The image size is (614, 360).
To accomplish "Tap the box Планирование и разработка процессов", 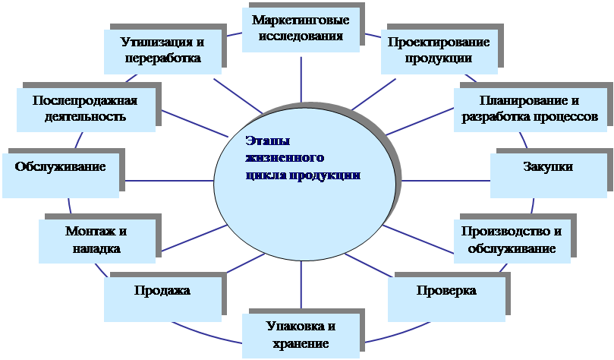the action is click(x=531, y=109).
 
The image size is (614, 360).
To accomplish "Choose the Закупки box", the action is click(x=549, y=175).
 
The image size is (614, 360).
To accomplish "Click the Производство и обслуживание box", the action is click(x=512, y=241).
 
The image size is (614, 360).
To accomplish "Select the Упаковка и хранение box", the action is click(x=301, y=336).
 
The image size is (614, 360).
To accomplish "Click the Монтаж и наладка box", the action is click(x=97, y=241).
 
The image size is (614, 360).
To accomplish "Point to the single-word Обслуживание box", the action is click(x=61, y=175).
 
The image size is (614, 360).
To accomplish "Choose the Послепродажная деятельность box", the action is click(x=87, y=109).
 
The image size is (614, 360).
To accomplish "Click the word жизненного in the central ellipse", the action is click(x=285, y=157).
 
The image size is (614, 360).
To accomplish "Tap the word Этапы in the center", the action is click(x=268, y=141).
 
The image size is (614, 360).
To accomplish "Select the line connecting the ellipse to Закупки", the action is click(x=446, y=181).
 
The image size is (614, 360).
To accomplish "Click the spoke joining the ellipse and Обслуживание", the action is click(x=169, y=181).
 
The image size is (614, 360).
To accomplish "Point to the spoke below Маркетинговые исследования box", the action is click(x=301, y=80).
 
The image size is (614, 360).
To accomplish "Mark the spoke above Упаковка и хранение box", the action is click(x=301, y=285).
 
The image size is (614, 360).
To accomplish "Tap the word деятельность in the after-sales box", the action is click(x=85, y=116).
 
